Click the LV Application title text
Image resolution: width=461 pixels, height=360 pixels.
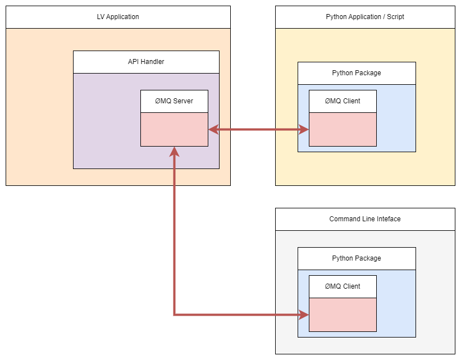click(x=118, y=17)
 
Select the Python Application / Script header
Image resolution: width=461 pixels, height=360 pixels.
click(x=365, y=17)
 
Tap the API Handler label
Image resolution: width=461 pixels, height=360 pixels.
click(x=146, y=62)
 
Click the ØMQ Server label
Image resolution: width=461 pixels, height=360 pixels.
click(x=174, y=101)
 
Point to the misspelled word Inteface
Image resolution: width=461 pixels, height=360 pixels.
click(x=388, y=219)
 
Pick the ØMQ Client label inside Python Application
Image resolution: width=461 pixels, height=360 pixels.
click(x=343, y=101)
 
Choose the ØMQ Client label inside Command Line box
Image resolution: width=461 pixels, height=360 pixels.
click(x=343, y=286)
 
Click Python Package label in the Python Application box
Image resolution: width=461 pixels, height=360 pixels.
click(x=357, y=73)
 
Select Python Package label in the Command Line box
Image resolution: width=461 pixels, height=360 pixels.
click(x=357, y=258)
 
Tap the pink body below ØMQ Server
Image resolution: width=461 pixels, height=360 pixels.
click(x=174, y=129)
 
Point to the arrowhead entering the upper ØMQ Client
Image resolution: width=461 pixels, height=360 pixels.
click(x=304, y=130)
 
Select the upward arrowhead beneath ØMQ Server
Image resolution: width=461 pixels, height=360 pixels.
click(x=175, y=152)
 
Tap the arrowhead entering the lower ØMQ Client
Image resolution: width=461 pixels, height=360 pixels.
click(x=304, y=315)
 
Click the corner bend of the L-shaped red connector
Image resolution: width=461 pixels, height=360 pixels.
click(x=175, y=315)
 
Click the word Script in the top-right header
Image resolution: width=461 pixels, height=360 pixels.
click(x=394, y=17)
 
